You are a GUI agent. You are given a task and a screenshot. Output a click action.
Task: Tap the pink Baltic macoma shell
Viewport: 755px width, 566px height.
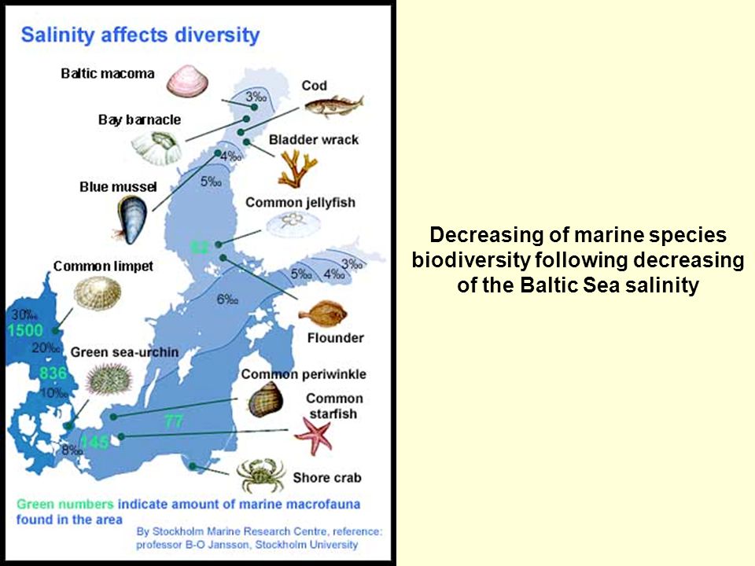tap(187, 81)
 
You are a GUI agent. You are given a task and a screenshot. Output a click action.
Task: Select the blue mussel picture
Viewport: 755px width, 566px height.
tap(131, 220)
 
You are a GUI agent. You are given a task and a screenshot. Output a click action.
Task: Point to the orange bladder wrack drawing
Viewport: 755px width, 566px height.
tap(297, 168)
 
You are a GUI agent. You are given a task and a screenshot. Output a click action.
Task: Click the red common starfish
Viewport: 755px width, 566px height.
tap(314, 436)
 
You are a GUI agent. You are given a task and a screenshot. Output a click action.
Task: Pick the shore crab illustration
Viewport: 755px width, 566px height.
tap(260, 476)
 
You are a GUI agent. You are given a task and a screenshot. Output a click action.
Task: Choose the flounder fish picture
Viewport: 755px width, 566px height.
tap(322, 315)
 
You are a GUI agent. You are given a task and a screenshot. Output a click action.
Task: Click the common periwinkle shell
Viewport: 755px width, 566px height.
tap(265, 399)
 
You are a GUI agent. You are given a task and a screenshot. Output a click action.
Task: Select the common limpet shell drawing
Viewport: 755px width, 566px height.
tap(98, 293)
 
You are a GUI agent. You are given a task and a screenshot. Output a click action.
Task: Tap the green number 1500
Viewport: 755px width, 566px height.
tap(25, 330)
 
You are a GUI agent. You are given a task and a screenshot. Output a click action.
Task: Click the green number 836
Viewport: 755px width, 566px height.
tap(53, 373)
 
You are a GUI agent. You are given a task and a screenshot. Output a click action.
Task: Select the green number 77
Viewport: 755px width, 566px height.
tap(174, 421)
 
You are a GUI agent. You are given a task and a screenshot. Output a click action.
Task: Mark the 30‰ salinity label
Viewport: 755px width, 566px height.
tap(24, 314)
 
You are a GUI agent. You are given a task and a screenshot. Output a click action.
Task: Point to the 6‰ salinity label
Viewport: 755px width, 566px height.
tap(227, 300)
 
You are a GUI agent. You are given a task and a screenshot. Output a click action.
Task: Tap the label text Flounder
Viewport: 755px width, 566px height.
tap(336, 338)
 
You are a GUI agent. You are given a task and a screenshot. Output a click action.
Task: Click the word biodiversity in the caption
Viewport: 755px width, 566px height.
tap(472, 260)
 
